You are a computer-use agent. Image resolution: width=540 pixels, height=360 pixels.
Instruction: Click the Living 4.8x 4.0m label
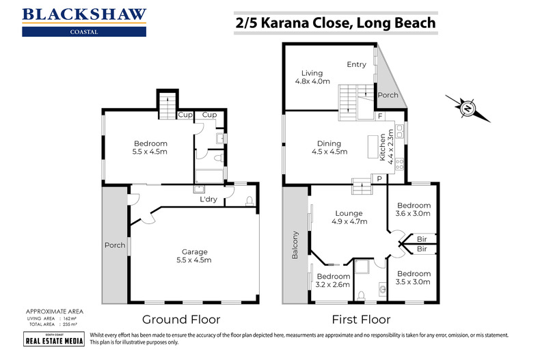(x=312, y=77)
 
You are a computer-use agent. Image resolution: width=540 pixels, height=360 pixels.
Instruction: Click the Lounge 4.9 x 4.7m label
(x=349, y=217)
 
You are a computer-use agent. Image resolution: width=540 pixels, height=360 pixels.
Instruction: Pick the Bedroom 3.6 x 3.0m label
(x=414, y=209)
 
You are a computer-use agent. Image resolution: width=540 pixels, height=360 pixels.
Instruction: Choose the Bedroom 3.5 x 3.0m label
(x=414, y=277)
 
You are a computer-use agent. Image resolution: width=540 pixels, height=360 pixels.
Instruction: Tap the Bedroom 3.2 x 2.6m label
(x=332, y=280)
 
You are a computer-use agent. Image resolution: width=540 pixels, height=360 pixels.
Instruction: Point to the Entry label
(x=356, y=64)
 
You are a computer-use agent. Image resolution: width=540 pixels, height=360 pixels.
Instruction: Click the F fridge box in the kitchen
(x=379, y=117)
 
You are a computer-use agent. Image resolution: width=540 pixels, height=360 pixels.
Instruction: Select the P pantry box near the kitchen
(x=378, y=178)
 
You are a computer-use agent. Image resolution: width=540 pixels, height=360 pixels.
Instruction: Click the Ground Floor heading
(x=181, y=319)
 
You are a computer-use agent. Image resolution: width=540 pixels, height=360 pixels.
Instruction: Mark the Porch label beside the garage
(x=113, y=246)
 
